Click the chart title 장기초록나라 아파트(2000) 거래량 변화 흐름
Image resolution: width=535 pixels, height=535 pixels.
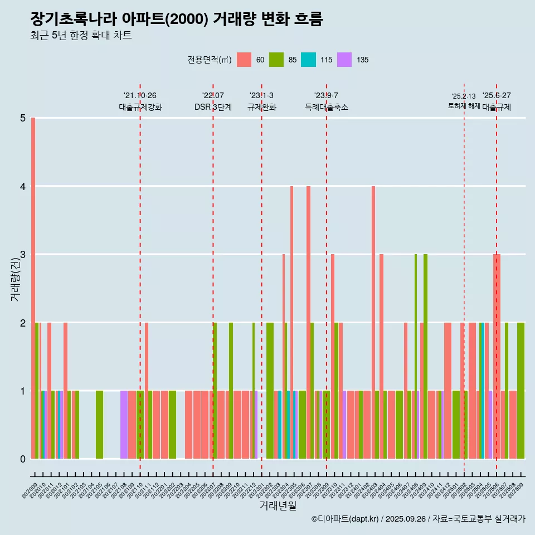[x=177, y=19]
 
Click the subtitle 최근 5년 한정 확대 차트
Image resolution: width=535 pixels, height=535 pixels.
[x=81, y=36]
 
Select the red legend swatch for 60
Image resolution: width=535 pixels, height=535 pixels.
[x=244, y=60]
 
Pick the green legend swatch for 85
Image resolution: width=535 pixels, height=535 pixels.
[x=276, y=60]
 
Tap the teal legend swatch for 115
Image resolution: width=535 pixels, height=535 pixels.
[x=308, y=60]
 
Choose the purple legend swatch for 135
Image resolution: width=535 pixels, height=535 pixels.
[x=344, y=60]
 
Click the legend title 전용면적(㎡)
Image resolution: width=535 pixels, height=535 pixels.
[x=210, y=60]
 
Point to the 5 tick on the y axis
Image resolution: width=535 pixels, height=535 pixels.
[x=23, y=118]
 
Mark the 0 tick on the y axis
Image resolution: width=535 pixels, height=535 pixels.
[x=23, y=459]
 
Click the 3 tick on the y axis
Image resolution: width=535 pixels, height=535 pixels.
[x=23, y=254]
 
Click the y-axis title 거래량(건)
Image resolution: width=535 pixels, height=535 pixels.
[x=15, y=279]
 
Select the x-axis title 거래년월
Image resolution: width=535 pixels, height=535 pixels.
[x=278, y=505]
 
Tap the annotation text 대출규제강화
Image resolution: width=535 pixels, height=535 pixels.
[x=140, y=107]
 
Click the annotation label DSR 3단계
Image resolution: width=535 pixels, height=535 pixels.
[x=213, y=107]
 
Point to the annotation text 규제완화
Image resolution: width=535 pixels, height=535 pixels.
[x=261, y=107]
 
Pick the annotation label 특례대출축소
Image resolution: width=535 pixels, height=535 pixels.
[x=326, y=107]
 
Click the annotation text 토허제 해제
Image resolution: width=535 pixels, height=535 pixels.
[x=464, y=106]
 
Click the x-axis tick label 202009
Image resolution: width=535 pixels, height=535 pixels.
[x=30, y=491]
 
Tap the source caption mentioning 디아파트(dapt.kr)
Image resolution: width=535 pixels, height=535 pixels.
[x=418, y=519]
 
